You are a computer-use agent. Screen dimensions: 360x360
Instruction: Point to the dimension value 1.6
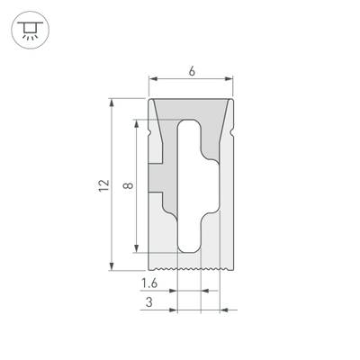pyautogui.click(x=150, y=284)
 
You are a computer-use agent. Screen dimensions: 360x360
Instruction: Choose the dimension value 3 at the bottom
pyautogui.click(x=148, y=304)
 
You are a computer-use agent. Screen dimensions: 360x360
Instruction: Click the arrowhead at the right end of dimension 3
pyautogui.click(x=224, y=310)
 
